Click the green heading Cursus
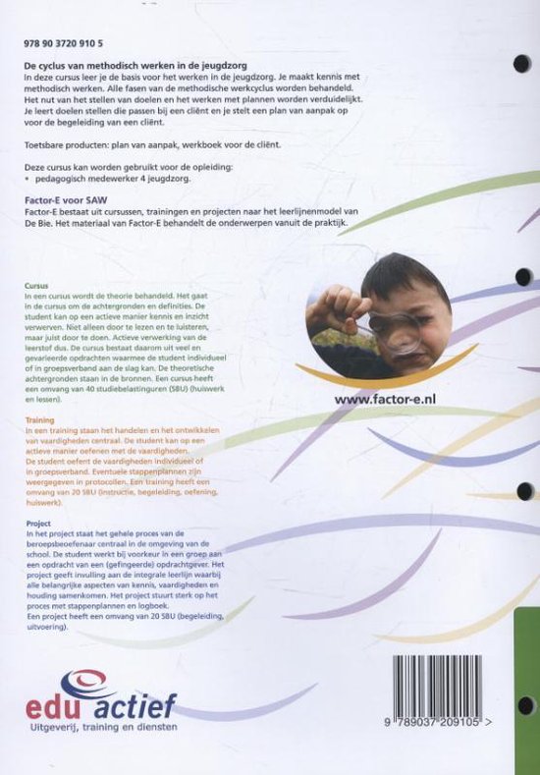[x=37, y=285]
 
